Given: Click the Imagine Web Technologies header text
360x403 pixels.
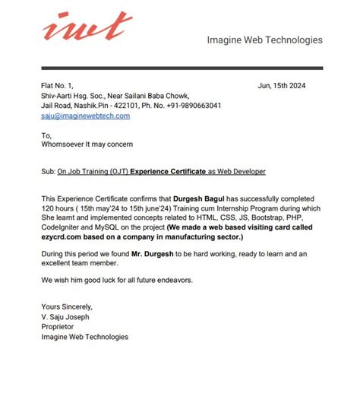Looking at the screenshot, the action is (264, 40).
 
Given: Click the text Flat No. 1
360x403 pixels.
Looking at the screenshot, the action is (58, 85).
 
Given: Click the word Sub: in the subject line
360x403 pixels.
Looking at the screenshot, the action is (49, 172).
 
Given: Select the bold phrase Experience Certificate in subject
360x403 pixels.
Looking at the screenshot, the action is (168, 172).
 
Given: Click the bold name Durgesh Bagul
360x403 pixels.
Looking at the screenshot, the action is (201, 198).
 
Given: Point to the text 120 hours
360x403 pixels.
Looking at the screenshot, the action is (57, 208).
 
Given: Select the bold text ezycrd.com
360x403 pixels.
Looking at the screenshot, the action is (62, 237).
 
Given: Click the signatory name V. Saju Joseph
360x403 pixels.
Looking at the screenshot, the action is (67, 317).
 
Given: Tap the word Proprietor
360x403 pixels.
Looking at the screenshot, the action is (58, 327).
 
